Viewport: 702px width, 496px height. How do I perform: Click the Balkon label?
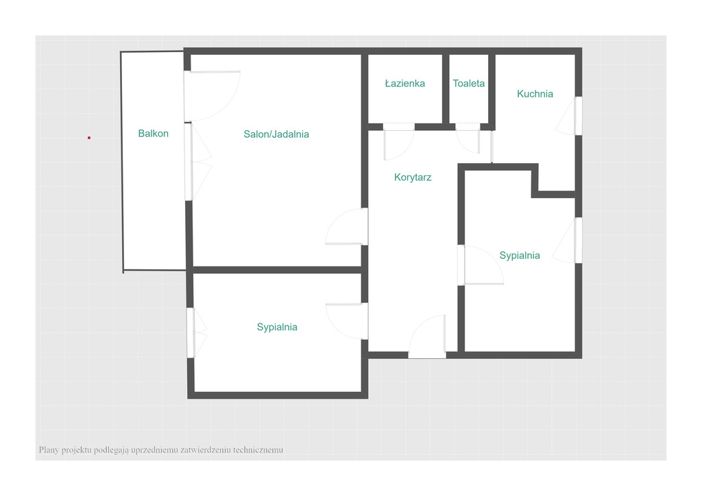coord(153,134)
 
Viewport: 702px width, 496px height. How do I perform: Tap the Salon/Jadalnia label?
coord(276,134)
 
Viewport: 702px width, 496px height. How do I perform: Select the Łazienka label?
coord(404,83)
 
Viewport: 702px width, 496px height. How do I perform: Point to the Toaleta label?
coord(468,83)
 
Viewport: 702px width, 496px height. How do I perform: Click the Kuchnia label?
coord(535,94)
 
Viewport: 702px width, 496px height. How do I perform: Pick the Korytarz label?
coord(412,177)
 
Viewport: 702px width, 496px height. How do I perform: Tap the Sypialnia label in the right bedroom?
coord(520,256)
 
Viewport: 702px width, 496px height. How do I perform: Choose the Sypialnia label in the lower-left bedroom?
coord(277,327)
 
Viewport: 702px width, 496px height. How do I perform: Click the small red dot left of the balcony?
coord(89,138)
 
